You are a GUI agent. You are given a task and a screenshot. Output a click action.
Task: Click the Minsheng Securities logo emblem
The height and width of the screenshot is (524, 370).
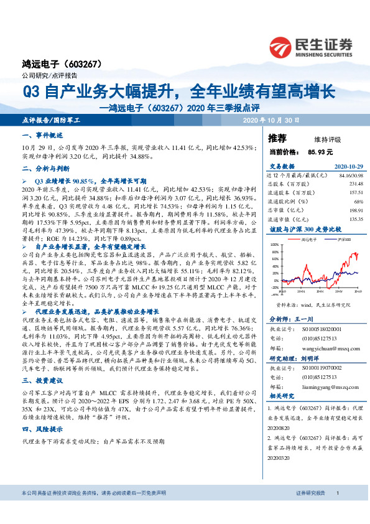[x=282, y=46]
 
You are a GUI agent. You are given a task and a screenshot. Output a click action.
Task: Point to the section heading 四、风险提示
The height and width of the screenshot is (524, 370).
[x=43, y=429]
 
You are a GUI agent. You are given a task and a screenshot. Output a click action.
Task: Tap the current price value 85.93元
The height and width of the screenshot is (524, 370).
[x=320, y=151]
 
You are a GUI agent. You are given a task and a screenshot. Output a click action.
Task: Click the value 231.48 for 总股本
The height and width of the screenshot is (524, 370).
[x=355, y=184]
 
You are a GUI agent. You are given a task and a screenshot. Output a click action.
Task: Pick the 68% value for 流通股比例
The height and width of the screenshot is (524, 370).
[x=358, y=202]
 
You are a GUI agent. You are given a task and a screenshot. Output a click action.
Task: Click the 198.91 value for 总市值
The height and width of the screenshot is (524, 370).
[x=355, y=210]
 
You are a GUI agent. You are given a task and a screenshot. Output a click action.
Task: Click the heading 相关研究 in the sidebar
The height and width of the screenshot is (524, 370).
[x=280, y=395]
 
